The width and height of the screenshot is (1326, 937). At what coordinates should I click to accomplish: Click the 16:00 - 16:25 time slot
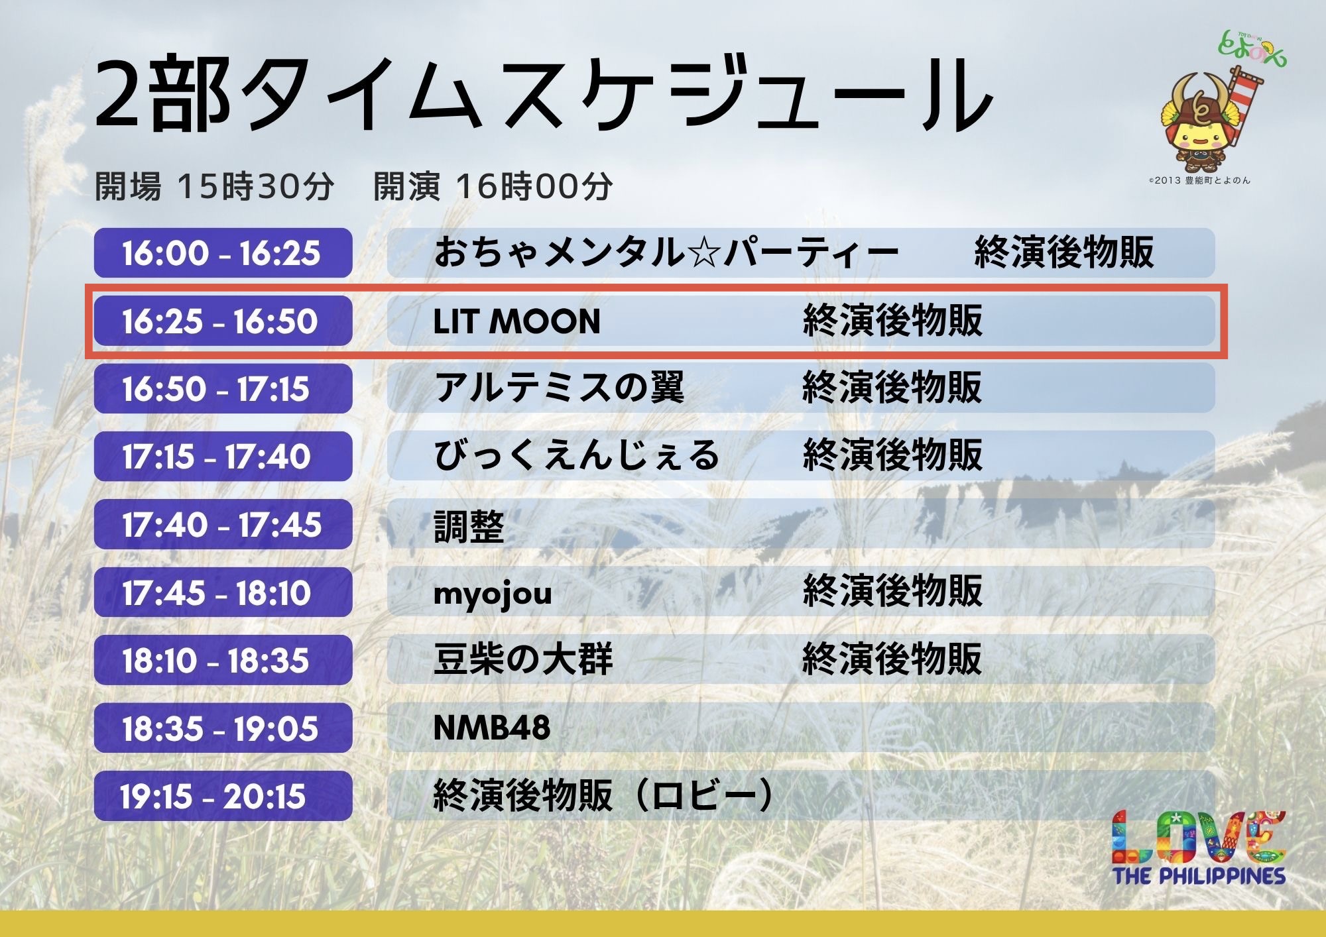click(x=223, y=253)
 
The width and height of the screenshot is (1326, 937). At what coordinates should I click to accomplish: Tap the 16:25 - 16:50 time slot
click(x=223, y=321)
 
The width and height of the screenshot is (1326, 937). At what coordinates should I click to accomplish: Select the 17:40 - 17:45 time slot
click(x=223, y=525)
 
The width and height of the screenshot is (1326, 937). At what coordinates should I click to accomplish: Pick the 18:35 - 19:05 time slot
click(x=223, y=728)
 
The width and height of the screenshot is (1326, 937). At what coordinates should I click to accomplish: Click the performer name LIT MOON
click(x=516, y=322)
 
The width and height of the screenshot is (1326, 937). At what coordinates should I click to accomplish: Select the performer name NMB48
click(x=491, y=728)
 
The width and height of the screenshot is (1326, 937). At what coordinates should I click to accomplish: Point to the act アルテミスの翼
click(x=559, y=388)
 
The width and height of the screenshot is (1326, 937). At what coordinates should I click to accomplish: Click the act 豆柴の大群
click(x=523, y=660)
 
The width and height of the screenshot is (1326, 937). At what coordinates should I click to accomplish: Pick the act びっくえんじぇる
click(x=576, y=456)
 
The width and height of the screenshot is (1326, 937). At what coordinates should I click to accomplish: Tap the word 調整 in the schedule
click(x=469, y=527)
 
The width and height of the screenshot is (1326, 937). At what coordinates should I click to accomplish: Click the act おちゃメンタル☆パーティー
click(x=666, y=253)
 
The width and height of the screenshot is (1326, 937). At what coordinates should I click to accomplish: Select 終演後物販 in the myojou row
click(x=892, y=591)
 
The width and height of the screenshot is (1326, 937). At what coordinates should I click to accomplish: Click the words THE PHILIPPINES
click(x=1199, y=876)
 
